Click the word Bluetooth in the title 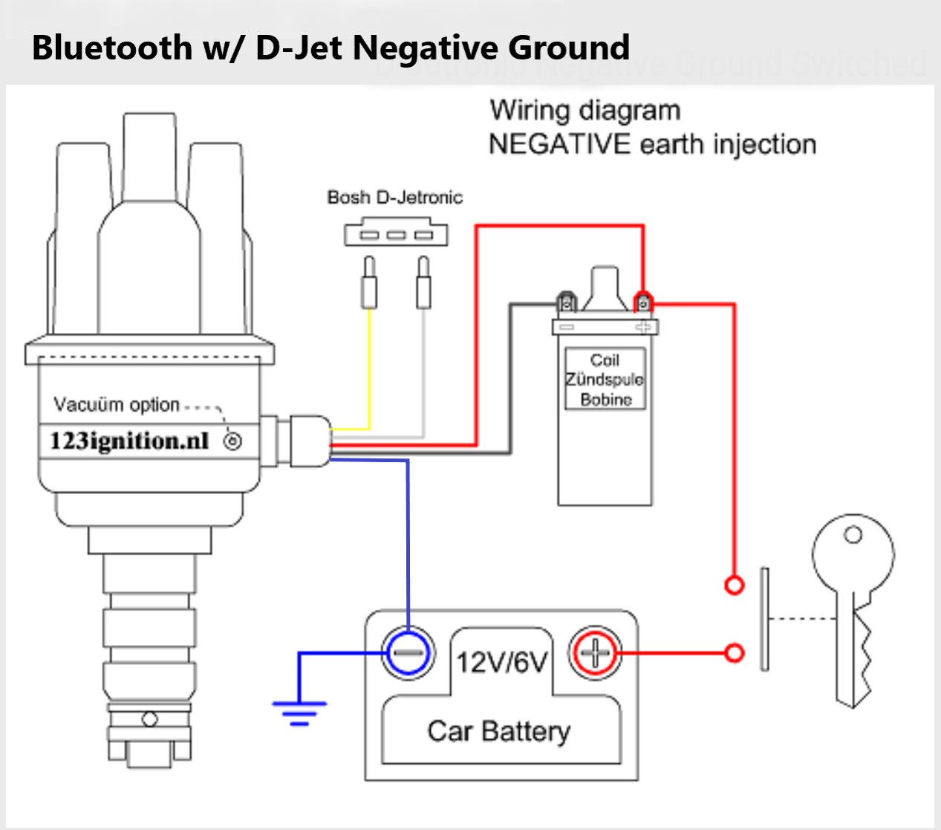click(x=111, y=48)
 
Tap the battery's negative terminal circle click(x=408, y=653)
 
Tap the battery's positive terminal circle click(x=595, y=653)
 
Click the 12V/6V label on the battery click(x=501, y=661)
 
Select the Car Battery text click(x=498, y=731)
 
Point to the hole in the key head click(x=853, y=535)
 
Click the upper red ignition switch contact click(x=734, y=586)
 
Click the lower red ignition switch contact click(x=734, y=653)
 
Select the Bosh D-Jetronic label click(x=394, y=198)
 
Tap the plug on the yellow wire click(x=369, y=282)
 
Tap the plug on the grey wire click(x=423, y=282)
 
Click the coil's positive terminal click(x=643, y=303)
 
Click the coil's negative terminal click(x=567, y=303)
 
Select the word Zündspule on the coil click(x=605, y=380)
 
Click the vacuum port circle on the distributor click(x=232, y=442)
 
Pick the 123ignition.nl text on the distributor click(x=129, y=441)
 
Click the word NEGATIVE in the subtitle click(x=559, y=144)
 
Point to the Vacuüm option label click(x=117, y=405)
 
